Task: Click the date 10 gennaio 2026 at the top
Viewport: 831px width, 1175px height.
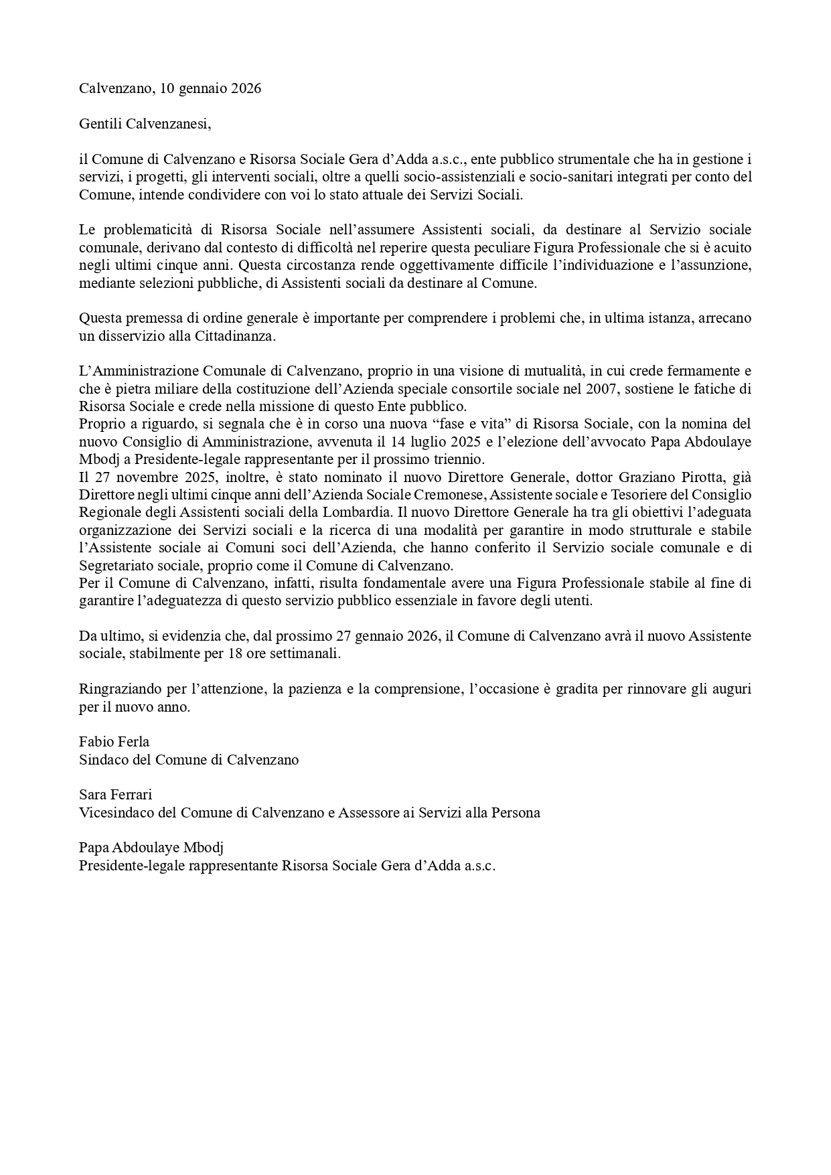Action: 211,88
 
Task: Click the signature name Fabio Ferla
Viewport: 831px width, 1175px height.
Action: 114,742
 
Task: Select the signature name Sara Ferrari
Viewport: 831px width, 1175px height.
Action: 115,795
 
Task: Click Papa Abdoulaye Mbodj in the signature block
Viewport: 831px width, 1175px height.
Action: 151,848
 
